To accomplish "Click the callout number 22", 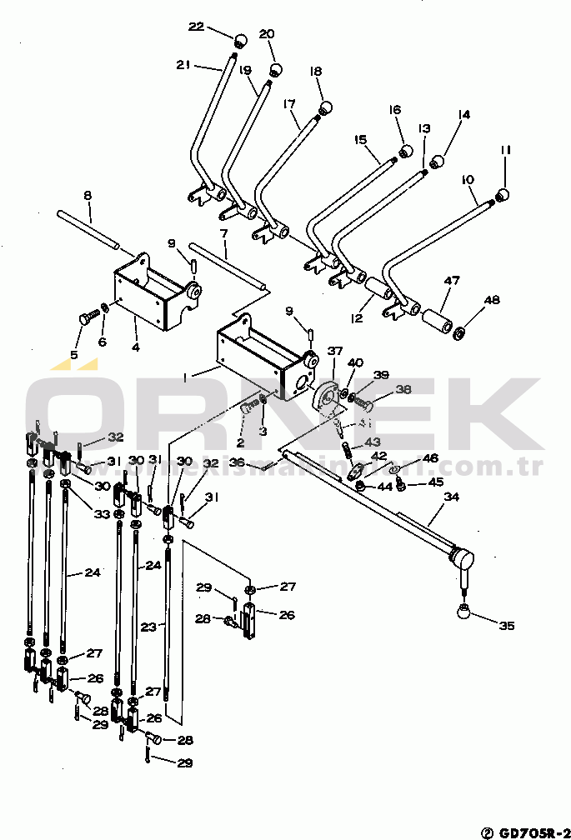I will click(x=196, y=27).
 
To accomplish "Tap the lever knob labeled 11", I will click(x=503, y=195).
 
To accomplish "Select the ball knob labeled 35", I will click(x=463, y=612).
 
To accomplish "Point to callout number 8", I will click(x=88, y=196).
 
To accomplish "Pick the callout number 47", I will click(x=451, y=282).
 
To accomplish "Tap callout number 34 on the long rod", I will click(x=451, y=497).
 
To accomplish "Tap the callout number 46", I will click(x=430, y=458).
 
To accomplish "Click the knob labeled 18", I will click(x=326, y=108).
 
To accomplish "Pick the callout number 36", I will click(x=237, y=462).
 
